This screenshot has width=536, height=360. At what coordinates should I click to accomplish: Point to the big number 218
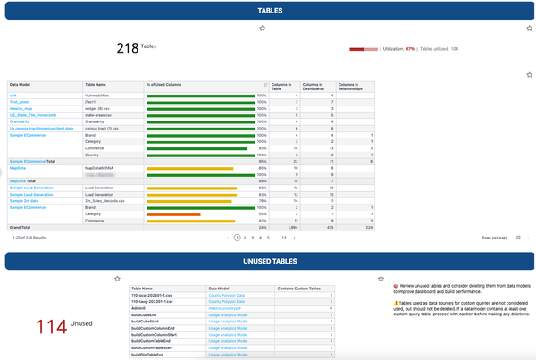pyautogui.click(x=129, y=47)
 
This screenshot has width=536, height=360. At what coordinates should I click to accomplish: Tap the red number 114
pyautogui.click(x=57, y=326)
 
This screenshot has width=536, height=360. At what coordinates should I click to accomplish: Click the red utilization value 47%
pyautogui.click(x=410, y=49)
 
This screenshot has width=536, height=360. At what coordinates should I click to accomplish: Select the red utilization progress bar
pyautogui.click(x=363, y=49)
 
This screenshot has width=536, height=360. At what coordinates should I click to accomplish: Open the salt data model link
pyautogui.click(x=13, y=95)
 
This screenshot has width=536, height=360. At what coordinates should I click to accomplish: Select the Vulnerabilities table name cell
pyautogui.click(x=99, y=95)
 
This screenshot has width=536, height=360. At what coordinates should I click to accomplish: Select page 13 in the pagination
pyautogui.click(x=284, y=239)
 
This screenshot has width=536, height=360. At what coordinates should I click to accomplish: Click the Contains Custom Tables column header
pyautogui.click(x=305, y=288)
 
